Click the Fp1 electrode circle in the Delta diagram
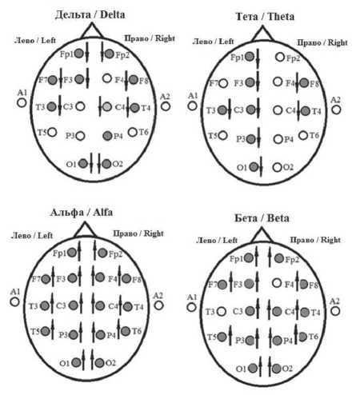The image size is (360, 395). tap(78, 54)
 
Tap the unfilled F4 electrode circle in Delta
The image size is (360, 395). tap(107, 78)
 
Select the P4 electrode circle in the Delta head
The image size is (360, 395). tap(107, 136)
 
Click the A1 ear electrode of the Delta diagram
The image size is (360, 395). tap(22, 102)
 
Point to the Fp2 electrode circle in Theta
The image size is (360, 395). tap(280, 57)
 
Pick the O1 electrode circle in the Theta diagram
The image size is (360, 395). tap(254, 167)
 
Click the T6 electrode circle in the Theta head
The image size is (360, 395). tap(303, 135)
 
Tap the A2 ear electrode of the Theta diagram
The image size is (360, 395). tap(336, 110)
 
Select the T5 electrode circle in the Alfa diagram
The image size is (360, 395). tap(46, 331)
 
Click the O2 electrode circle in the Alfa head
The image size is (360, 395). tap(99, 363)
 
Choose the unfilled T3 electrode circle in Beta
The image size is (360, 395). tap(221, 311)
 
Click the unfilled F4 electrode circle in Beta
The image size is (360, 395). tap(277, 283)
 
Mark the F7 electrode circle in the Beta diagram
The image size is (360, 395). tap(222, 285)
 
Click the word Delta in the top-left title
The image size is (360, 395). tap(112, 14)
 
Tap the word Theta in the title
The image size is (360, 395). tap(281, 17)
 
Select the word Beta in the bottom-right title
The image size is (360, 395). tap(278, 218)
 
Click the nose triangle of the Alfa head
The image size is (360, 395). tap(85, 230)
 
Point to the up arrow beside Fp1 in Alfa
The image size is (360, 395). tap(79, 251)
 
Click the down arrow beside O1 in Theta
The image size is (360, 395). tap(261, 167)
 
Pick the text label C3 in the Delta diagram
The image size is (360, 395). tap(68, 106)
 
